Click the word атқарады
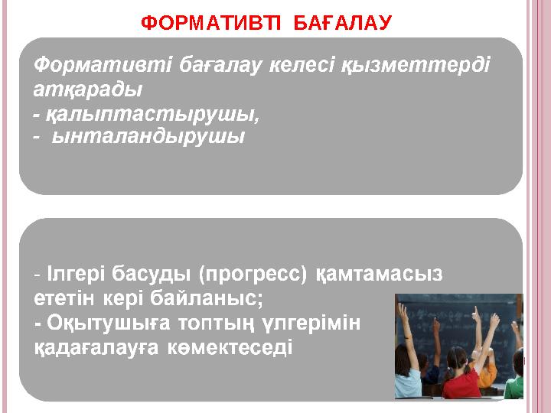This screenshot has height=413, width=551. point(88,89)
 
